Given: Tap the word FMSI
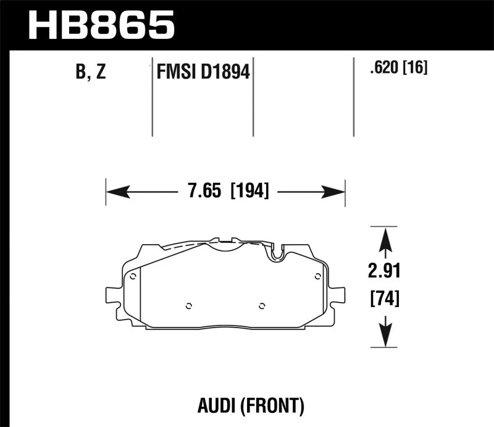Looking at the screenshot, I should tap(175, 72).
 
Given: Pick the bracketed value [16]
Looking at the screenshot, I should tap(415, 67).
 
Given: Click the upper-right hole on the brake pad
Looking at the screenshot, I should tap(317, 276).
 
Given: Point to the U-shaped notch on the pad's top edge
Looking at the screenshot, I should tap(277, 252).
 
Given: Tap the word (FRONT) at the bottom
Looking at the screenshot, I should tap(272, 405).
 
